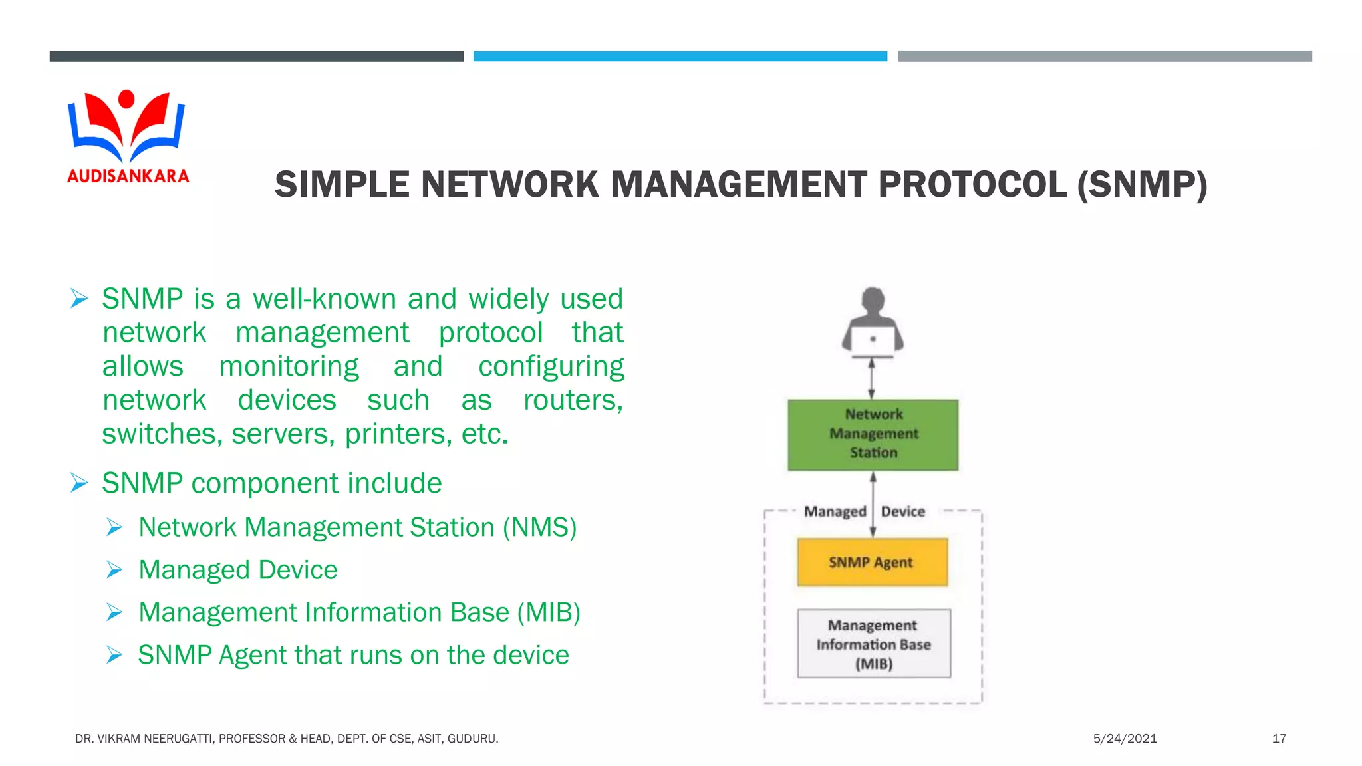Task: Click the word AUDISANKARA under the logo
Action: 128,176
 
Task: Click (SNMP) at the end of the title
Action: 1142,185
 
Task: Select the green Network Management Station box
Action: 873,435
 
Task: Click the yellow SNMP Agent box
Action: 872,563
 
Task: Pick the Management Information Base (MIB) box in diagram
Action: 873,644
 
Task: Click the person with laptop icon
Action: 873,322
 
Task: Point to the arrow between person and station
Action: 872,379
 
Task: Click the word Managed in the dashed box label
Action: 835,511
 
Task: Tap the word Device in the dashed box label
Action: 903,511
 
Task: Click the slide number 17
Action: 1278,739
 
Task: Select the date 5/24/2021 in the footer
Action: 1125,739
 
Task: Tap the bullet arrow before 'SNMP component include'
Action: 80,483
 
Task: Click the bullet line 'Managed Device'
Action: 237,570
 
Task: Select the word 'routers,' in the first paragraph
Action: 573,400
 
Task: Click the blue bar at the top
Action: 680,57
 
